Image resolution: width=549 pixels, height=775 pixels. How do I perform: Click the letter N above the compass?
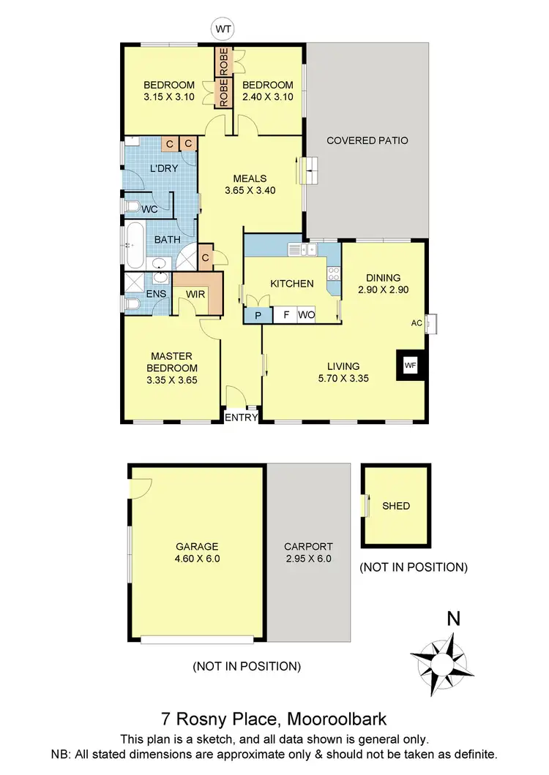454,619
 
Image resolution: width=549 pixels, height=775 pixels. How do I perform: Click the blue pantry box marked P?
257,315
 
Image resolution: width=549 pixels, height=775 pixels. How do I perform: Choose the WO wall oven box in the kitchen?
306,315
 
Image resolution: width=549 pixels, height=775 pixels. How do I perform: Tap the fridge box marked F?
285,315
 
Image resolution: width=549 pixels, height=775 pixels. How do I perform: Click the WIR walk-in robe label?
195,293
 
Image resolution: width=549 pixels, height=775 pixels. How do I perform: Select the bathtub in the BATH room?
134,246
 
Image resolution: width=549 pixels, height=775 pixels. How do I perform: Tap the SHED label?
396,506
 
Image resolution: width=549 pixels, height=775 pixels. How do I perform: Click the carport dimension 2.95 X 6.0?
309,559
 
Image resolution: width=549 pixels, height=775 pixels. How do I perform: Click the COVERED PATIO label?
367,140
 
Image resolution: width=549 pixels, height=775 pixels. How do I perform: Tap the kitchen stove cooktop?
333,273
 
